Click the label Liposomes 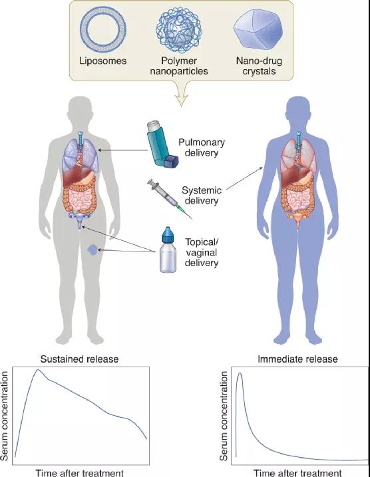[103, 61]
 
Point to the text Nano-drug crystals [259, 66]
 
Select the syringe [169, 198]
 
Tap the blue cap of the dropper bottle [167, 235]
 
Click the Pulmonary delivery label [202, 148]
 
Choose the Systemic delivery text [202, 196]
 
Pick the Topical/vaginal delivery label [202, 253]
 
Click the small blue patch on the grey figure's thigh [92, 249]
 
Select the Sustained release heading [79, 359]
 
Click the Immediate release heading [297, 359]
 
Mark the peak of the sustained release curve [38, 370]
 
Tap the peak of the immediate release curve [240, 373]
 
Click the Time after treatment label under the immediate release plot [297, 473]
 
